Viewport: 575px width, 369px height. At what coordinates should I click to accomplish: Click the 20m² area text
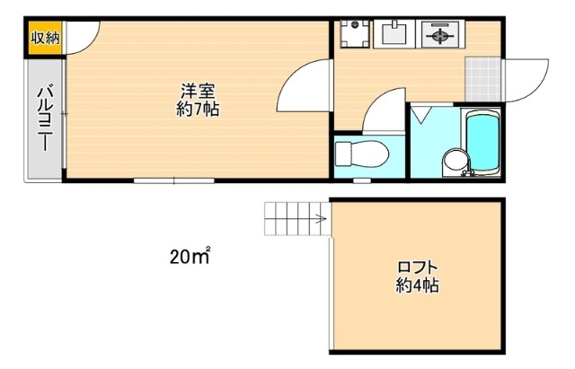[x=189, y=258]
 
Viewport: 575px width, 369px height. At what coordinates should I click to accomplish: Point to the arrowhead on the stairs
[x=322, y=217]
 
